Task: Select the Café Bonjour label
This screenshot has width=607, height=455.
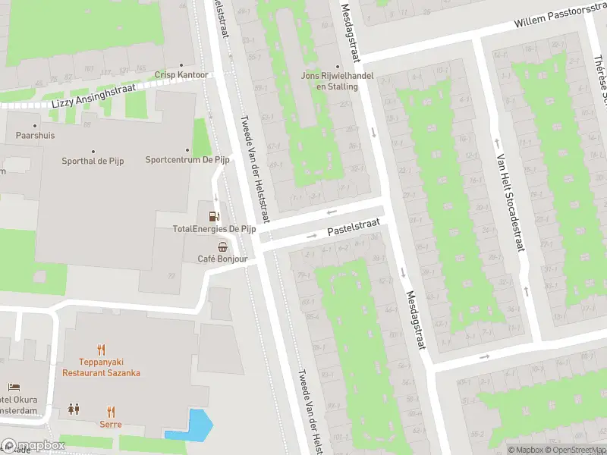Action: point(222,259)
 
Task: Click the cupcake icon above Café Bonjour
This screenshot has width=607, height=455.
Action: point(222,246)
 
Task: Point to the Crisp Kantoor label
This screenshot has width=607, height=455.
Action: point(181,75)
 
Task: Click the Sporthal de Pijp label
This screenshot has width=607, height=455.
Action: point(93,160)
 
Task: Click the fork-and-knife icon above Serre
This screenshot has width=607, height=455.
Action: point(111,411)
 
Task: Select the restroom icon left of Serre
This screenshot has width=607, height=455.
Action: point(74,409)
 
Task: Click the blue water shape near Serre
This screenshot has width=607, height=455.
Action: point(191,425)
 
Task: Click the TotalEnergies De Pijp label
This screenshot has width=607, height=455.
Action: point(214,228)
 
